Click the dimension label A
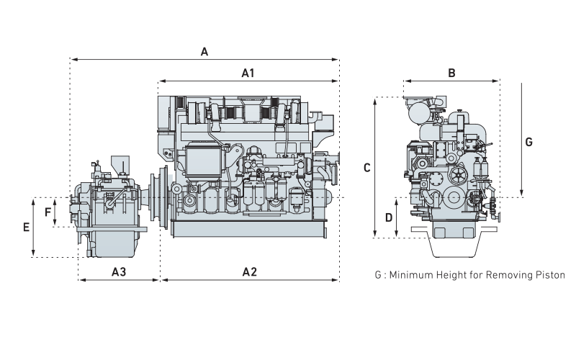(x=204, y=52)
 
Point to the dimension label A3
(x=119, y=271)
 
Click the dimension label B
(x=451, y=73)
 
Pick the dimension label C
(x=366, y=168)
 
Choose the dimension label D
(x=388, y=217)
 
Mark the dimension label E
(x=26, y=227)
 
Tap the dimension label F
(x=48, y=212)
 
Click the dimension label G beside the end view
(x=529, y=142)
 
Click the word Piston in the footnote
(x=550, y=275)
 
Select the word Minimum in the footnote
(x=410, y=275)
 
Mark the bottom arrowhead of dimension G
(x=521, y=195)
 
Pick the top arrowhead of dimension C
(x=376, y=100)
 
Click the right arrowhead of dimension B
(x=498, y=81)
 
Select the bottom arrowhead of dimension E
(x=34, y=255)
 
